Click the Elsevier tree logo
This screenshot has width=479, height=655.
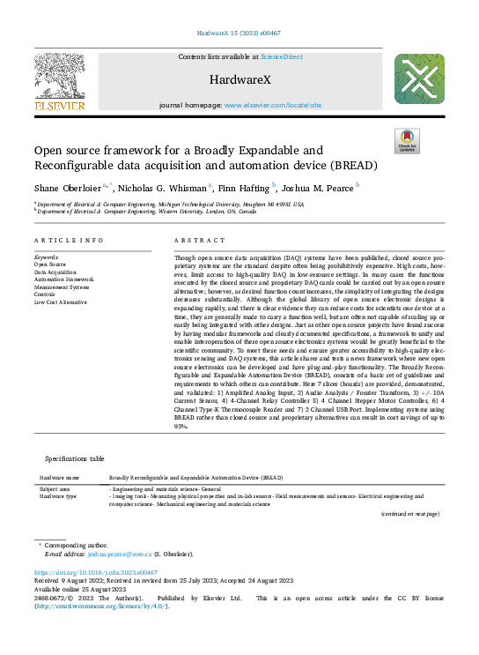[59, 80]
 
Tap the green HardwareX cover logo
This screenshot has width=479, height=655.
[418, 80]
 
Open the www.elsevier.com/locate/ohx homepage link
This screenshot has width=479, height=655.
[272, 105]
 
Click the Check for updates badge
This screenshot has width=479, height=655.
[406, 140]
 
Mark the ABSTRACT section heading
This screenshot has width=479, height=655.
[195, 240]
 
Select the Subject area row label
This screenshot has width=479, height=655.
[54, 488]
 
